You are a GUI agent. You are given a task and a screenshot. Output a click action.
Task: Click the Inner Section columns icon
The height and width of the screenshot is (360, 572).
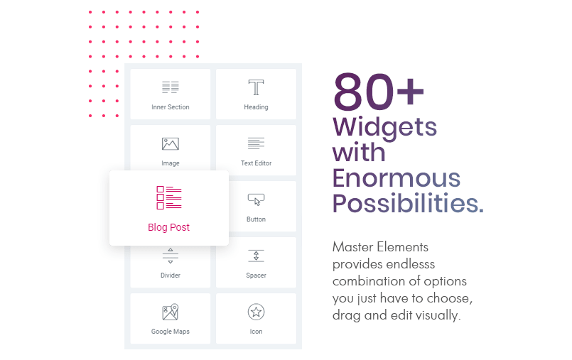click(171, 87)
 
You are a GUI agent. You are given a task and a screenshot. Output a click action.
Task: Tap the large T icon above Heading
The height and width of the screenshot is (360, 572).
click(256, 87)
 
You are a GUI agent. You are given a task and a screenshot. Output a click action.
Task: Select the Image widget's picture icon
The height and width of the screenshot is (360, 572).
click(171, 144)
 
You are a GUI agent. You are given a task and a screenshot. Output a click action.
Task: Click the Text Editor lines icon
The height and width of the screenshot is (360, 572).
click(256, 143)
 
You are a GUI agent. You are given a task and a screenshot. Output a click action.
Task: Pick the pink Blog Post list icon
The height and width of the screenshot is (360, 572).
click(169, 198)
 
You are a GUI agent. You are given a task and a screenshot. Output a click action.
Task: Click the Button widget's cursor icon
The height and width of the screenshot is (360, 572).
click(256, 200)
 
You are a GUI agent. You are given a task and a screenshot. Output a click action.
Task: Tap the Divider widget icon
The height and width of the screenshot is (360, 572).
click(171, 256)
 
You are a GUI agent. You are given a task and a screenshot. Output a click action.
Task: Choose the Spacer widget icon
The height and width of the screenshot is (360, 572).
click(256, 256)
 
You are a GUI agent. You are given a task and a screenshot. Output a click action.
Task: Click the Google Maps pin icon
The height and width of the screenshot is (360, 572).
click(171, 312)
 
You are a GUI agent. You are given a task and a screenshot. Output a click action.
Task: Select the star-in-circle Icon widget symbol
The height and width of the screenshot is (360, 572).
click(256, 312)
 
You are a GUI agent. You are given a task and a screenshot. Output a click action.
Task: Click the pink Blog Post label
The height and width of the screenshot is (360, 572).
click(169, 227)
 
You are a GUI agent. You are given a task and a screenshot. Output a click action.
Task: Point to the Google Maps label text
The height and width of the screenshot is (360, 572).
click(171, 332)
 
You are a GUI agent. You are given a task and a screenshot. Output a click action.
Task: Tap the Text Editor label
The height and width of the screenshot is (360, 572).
click(256, 163)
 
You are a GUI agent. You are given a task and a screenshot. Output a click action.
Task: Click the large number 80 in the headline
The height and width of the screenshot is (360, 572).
click(364, 92)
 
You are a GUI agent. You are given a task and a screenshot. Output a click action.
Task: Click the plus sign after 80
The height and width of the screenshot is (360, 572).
click(411, 91)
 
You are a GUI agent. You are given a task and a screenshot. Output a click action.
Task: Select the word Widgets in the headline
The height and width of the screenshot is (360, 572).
click(384, 127)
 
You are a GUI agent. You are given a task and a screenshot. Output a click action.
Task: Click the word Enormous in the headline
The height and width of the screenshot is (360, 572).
click(396, 178)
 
